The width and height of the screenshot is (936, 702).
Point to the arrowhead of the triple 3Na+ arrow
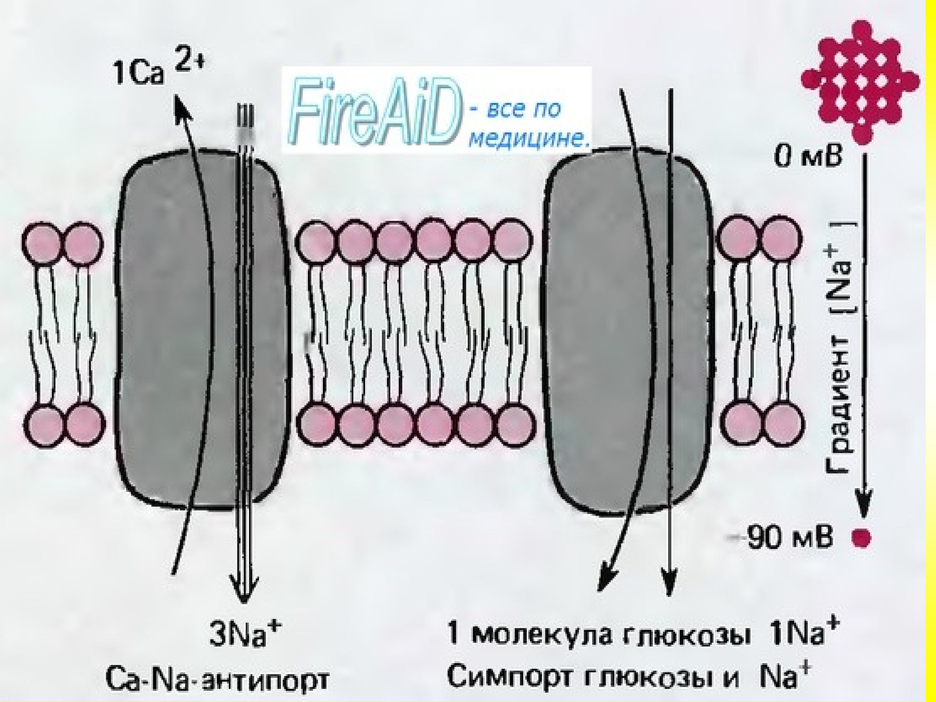(x=243, y=593)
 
